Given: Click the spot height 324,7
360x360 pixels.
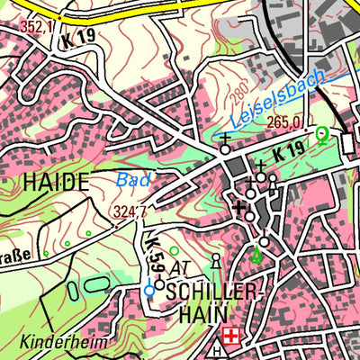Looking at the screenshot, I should click(129, 212).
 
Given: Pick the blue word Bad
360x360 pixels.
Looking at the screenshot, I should click(133, 180).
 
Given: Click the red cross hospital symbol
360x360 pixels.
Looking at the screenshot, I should click(233, 336).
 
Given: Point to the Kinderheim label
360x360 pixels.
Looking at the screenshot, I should click(65, 343).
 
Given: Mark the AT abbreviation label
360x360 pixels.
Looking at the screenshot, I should click(180, 268).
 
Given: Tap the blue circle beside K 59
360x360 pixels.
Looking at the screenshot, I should click(149, 291).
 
